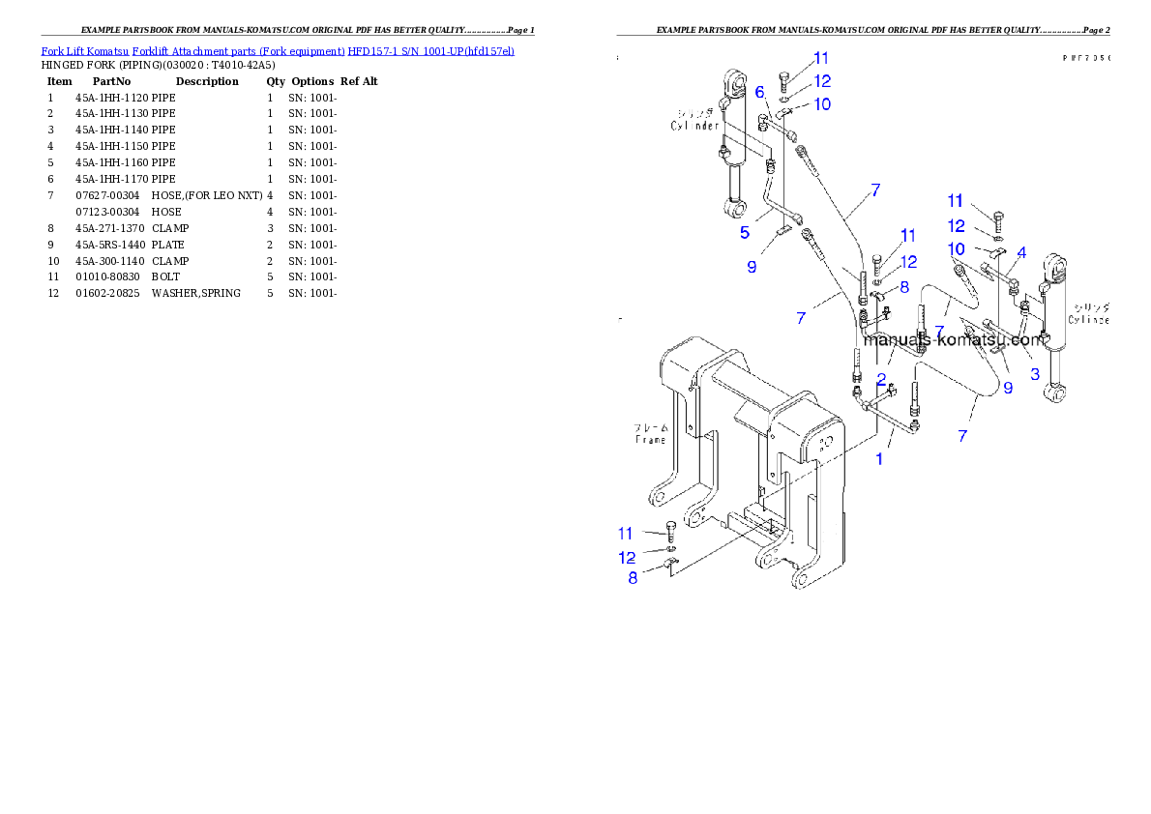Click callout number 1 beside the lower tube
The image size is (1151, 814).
pyautogui.click(x=879, y=459)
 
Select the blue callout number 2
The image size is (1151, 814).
pyautogui.click(x=881, y=378)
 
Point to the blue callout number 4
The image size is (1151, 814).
pyautogui.click(x=1020, y=252)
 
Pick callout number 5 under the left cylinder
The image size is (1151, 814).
pyautogui.click(x=745, y=232)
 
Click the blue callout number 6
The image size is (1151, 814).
pyautogui.click(x=760, y=92)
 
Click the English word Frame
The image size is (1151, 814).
pyautogui.click(x=650, y=439)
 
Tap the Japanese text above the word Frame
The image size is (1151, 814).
pyautogui.click(x=650, y=426)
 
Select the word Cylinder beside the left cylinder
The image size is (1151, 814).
pyautogui.click(x=694, y=126)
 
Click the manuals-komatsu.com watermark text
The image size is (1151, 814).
pyautogui.click(x=954, y=339)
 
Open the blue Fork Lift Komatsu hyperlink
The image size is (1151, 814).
pyautogui.click(x=278, y=50)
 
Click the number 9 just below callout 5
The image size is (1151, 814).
pyautogui.click(x=752, y=266)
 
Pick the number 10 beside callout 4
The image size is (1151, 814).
pyautogui.click(x=956, y=248)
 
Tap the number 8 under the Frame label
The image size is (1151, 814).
pyautogui.click(x=633, y=578)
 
